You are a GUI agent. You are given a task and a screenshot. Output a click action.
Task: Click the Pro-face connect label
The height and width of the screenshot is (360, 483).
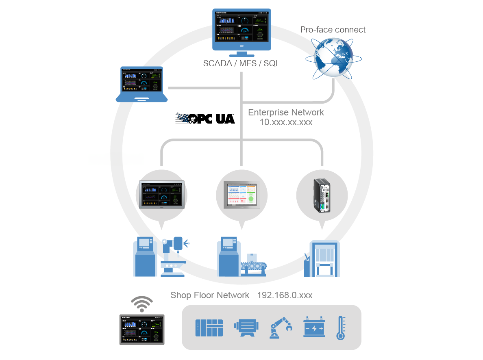click(333, 30)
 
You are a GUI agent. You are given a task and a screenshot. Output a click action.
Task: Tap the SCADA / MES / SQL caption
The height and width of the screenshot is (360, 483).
click(241, 64)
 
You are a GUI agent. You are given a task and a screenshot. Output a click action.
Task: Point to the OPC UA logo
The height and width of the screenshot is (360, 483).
click(205, 118)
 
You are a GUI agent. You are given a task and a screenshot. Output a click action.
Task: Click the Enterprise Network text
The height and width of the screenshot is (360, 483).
click(286, 113)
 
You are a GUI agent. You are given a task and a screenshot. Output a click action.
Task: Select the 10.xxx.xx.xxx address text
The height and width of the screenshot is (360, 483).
click(286, 122)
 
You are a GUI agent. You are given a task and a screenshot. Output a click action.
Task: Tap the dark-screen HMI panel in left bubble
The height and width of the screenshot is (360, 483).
click(162, 194)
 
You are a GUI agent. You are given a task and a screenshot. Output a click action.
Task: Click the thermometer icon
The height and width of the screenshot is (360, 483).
click(341, 328)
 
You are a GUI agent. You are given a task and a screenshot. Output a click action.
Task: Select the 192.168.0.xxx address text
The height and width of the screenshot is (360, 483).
click(285, 295)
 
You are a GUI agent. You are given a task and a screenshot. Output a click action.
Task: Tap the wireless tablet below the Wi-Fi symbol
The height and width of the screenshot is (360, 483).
click(142, 330)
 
